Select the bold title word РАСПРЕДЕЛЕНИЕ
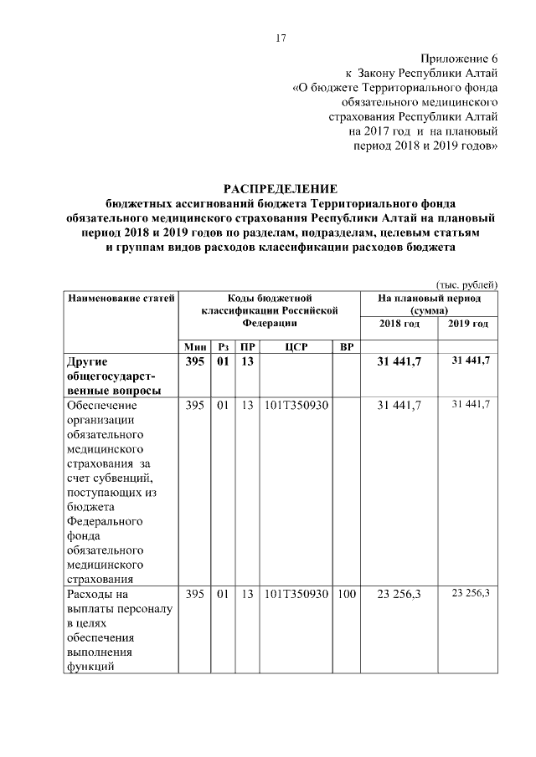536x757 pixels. tap(281, 189)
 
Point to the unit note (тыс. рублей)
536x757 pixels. tap(467, 284)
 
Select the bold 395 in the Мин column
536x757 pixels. tap(195, 361)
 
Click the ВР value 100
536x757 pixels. tap(346, 595)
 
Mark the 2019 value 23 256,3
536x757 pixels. tap(470, 593)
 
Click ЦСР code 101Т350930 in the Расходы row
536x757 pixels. tap(296, 595)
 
